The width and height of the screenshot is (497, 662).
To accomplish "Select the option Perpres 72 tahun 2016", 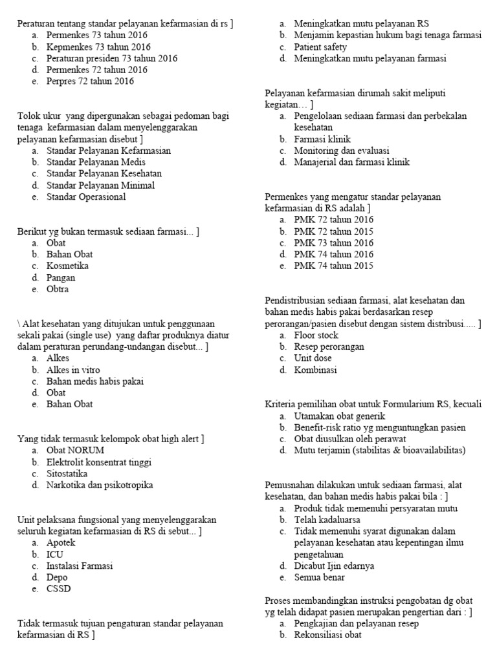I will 90,81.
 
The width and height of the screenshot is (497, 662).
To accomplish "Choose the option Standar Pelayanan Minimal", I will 100,186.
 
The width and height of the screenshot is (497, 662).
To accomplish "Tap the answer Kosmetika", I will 67,266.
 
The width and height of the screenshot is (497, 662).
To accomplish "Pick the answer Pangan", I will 61,278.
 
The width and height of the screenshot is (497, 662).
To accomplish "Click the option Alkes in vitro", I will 73,370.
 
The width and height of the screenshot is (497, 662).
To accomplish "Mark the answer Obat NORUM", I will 75,450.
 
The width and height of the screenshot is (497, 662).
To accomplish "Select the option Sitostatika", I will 67,473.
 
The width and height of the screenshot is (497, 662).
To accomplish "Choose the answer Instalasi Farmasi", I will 80,566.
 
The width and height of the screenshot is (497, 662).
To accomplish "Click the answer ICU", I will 55,554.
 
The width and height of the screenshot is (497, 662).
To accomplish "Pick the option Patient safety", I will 320,47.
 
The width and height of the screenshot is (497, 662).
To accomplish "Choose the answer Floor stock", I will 316,336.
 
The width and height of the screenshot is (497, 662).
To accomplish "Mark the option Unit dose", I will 313,359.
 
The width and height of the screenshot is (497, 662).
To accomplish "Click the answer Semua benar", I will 319,577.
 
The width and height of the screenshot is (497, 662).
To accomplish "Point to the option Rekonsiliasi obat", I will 327,635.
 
